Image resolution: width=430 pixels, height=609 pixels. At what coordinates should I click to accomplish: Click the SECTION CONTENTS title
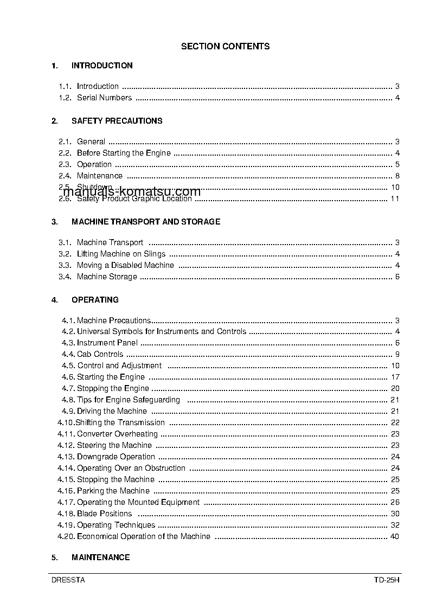point(225,47)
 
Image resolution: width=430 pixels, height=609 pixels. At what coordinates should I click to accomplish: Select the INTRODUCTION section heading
point(102,66)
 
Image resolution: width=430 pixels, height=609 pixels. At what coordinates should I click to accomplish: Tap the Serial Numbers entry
point(104,98)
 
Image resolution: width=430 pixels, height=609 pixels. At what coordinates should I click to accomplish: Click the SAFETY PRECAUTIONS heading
point(117,121)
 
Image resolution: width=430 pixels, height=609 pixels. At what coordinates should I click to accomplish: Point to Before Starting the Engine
point(124,153)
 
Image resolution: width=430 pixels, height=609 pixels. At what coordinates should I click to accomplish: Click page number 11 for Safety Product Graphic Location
point(395,198)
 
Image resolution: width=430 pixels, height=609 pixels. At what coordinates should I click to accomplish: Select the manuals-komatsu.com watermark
point(132,192)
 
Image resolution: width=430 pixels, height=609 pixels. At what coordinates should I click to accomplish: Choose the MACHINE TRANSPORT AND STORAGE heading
point(146,222)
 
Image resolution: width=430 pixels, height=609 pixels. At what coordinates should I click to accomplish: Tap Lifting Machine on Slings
point(121,254)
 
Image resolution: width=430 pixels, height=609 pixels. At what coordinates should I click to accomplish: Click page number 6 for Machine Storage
point(397,277)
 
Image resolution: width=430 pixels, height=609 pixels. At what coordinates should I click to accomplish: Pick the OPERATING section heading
point(95,300)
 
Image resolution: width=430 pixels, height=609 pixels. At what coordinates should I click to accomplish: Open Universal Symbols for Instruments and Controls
point(162,331)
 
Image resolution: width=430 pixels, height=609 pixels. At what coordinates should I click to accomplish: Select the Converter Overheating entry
point(117,434)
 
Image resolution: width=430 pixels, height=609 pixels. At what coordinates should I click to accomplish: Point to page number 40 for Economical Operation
point(395,536)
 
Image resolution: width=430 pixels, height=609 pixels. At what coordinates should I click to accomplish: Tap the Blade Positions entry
point(104,514)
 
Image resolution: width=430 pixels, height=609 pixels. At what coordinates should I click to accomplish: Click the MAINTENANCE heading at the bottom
point(100,557)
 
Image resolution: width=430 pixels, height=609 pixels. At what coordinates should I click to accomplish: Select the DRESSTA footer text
point(68,580)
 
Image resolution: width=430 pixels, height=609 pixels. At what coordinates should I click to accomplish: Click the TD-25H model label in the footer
point(386,580)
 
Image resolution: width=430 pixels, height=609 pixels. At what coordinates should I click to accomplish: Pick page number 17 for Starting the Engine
point(395,377)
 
